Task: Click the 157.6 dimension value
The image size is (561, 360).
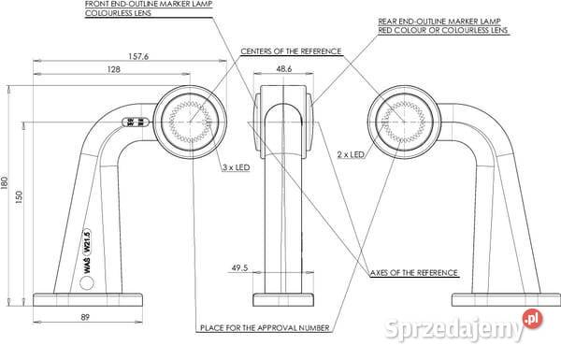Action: coord(137,57)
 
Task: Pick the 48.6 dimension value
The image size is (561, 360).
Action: coord(284,70)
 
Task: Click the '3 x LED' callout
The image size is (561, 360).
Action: coord(236,167)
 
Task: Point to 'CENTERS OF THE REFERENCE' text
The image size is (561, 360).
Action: coord(287,50)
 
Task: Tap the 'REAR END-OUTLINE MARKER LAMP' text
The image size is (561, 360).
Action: coord(429,20)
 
